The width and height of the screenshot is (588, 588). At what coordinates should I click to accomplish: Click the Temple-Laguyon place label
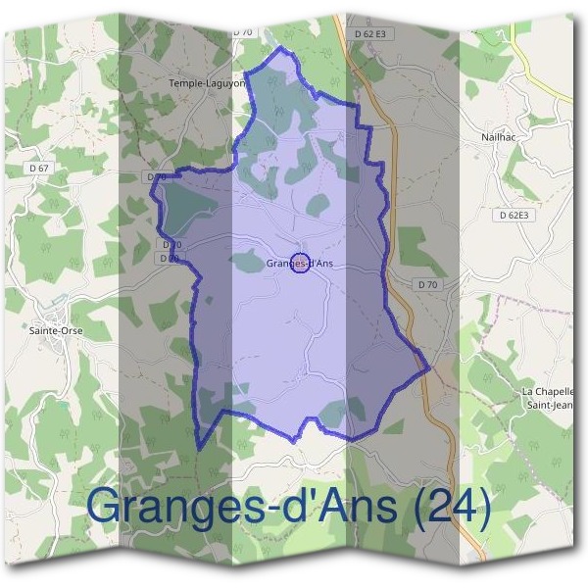coord(207,84)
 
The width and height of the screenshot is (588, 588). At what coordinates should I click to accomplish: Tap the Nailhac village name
coord(500,138)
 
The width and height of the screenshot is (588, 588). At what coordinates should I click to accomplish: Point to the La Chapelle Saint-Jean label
coord(549,397)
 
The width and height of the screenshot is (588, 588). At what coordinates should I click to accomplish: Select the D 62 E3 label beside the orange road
coord(368,33)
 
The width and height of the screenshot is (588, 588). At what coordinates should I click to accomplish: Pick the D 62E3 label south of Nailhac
coord(513,215)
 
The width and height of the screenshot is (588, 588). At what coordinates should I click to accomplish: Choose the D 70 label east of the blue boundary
coord(426,284)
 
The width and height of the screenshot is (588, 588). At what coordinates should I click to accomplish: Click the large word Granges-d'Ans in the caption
coord(241,508)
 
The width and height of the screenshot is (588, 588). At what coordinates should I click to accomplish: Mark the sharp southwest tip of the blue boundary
coord(199,449)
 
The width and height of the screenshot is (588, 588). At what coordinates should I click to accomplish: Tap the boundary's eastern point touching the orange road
coord(428,368)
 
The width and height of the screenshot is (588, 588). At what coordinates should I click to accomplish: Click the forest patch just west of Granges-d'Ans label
coord(246,261)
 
